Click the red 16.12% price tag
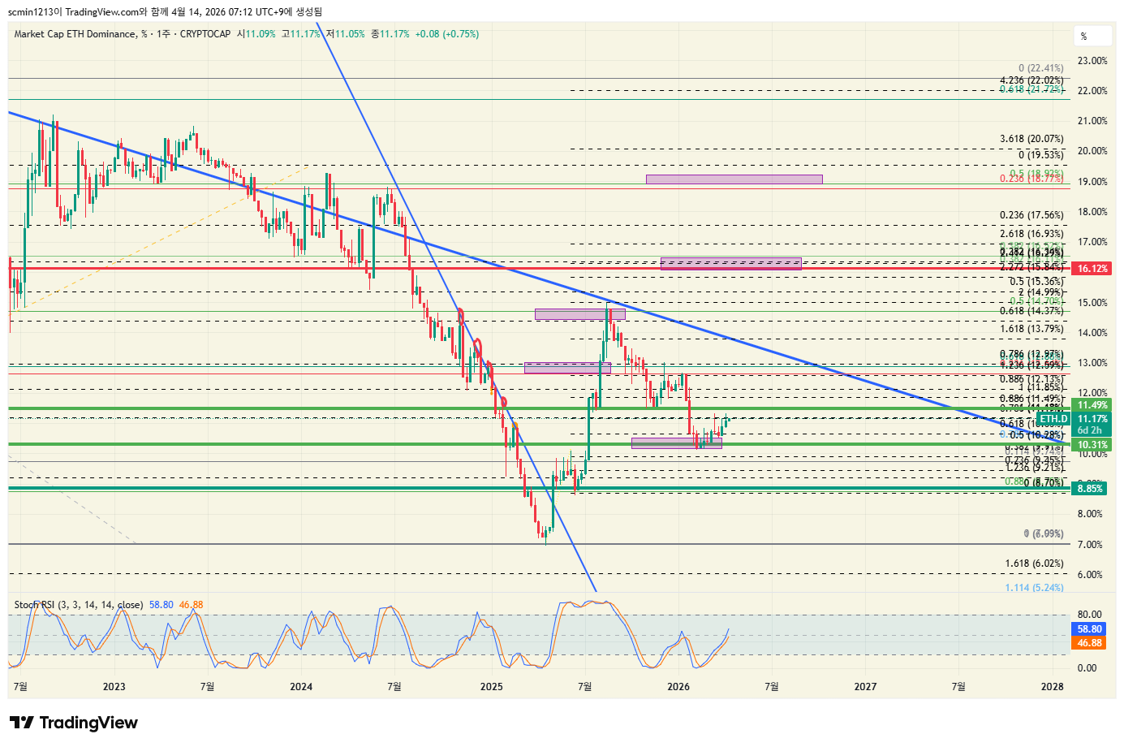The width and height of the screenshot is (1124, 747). tap(1092, 269)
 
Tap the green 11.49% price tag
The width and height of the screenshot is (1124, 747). tap(1092, 405)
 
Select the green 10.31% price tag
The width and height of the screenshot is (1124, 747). tap(1092, 445)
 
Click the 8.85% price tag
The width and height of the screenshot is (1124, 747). tap(1090, 489)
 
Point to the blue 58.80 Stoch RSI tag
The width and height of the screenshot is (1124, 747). tap(1089, 629)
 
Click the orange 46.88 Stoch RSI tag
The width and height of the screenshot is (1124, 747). tap(1089, 643)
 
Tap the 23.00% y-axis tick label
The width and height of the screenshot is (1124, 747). tap(1092, 61)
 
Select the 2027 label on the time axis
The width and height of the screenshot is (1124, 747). tap(865, 687)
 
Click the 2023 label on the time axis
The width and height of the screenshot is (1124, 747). tap(114, 687)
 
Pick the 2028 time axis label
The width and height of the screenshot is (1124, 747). tap(1052, 687)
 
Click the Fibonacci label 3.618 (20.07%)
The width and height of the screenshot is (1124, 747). tap(1031, 140)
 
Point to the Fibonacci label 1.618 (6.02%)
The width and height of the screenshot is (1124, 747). tap(1034, 563)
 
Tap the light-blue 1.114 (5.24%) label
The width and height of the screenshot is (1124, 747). tap(1034, 588)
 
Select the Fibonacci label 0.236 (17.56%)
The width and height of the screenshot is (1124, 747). tap(1031, 215)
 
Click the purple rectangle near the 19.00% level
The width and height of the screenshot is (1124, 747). tap(734, 179)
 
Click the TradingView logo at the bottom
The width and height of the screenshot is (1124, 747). tap(74, 723)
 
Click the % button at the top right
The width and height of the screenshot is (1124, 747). tap(1083, 37)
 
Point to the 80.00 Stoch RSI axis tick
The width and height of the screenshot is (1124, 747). tap(1089, 615)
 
